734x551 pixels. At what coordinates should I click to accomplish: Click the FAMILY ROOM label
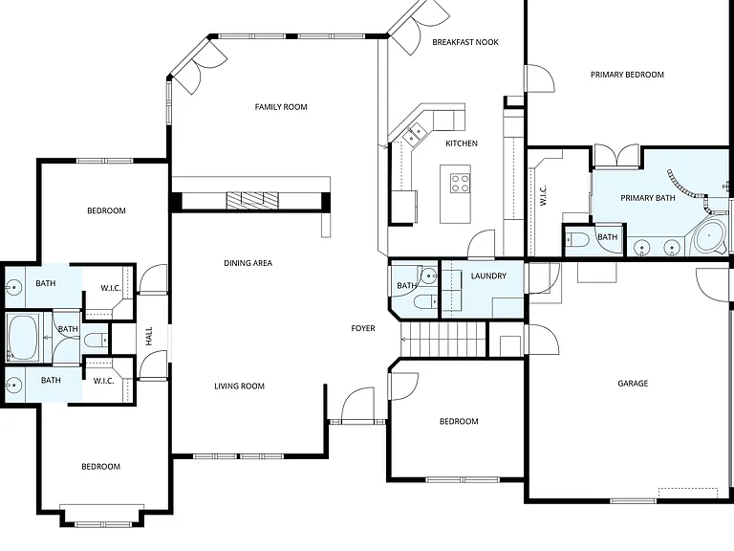click(x=281, y=107)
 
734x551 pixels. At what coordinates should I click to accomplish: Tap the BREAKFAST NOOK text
click(x=465, y=42)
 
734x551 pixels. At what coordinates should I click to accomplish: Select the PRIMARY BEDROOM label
click(x=627, y=75)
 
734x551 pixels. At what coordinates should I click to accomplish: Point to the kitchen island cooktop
click(x=460, y=183)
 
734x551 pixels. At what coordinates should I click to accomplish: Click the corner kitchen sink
click(x=414, y=133)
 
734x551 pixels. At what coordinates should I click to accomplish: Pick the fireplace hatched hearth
click(x=252, y=200)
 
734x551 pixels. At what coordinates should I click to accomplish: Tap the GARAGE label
click(x=633, y=384)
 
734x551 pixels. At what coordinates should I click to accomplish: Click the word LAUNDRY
click(x=488, y=275)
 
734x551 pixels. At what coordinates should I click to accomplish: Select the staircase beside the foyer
click(x=443, y=340)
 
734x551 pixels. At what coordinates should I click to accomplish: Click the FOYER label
click(x=363, y=328)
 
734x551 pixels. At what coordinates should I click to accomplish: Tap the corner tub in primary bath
click(x=708, y=237)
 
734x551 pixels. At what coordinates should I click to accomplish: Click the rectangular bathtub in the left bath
click(x=23, y=338)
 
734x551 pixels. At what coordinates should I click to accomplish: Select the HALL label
click(x=149, y=337)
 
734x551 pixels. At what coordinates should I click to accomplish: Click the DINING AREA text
click(x=248, y=263)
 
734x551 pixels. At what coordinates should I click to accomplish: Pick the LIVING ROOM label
click(x=239, y=386)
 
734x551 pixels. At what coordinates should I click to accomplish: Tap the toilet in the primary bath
click(x=576, y=240)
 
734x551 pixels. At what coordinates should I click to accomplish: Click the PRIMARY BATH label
click(x=648, y=198)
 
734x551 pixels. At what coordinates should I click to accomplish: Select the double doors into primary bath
click(x=616, y=156)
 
